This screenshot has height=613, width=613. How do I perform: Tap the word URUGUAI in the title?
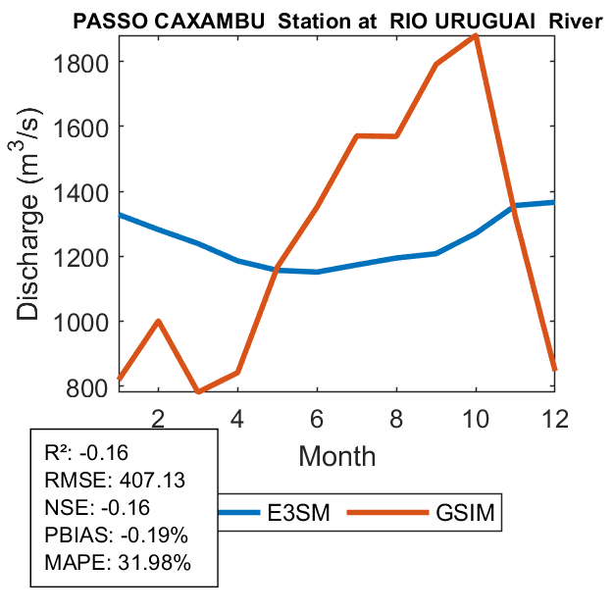click(480, 23)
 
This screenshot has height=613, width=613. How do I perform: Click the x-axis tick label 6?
click(317, 416)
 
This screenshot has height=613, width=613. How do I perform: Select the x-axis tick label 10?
click(476, 416)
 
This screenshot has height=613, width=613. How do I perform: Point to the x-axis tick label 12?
click(555, 416)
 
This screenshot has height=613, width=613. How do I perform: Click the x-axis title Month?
click(336, 456)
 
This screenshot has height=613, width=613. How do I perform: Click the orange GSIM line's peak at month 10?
click(476, 36)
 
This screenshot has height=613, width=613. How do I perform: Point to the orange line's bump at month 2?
click(158, 322)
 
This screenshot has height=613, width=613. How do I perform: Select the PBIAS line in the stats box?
click(117, 536)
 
